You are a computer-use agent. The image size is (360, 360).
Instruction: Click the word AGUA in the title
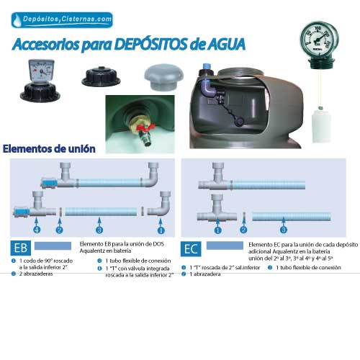pos(221,44)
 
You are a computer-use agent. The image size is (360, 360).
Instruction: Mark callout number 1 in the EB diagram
pos(161,230)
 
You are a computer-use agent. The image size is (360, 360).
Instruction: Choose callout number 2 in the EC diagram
pos(243,230)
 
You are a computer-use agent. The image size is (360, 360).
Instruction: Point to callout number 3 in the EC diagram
pos(284,230)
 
